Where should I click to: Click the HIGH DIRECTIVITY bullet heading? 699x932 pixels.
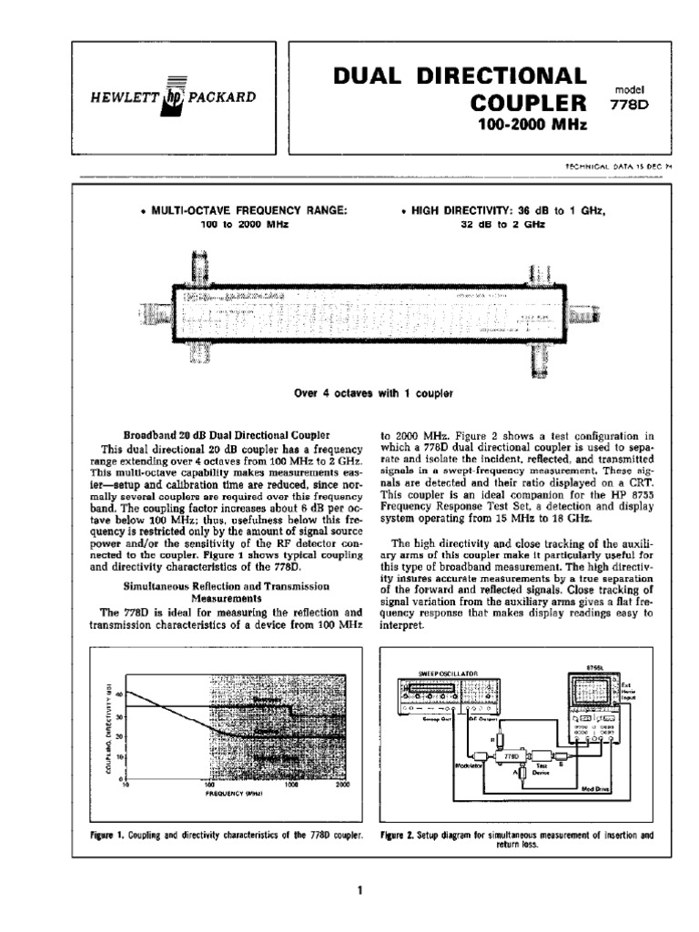coord(502,210)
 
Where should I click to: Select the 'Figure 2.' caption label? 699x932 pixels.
coord(394,835)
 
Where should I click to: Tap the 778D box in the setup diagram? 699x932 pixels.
coord(511,755)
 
